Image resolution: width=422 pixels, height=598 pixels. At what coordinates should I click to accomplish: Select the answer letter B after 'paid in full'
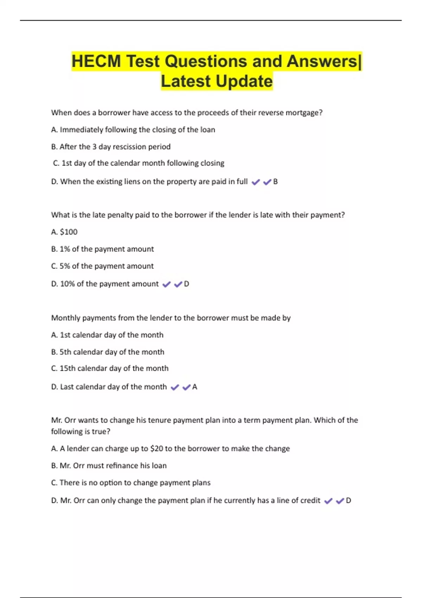(275, 182)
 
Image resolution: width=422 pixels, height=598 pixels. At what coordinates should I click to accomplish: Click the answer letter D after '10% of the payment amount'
(186, 284)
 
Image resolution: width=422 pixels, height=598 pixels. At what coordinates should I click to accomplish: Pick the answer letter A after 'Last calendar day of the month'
(194, 387)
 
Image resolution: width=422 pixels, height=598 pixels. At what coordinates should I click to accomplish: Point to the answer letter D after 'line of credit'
(348, 500)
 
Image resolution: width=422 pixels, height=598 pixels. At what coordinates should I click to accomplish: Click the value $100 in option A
(69, 232)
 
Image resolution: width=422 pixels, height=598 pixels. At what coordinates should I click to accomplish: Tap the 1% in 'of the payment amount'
(65, 249)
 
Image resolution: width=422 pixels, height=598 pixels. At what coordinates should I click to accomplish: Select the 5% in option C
(65, 266)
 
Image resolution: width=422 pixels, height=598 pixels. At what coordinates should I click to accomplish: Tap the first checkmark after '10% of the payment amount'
(166, 284)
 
